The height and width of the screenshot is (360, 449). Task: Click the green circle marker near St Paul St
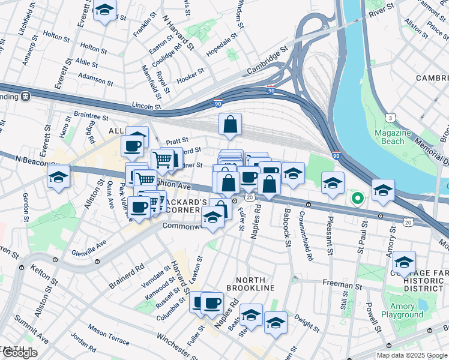357,197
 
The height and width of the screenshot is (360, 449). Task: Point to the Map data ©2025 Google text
411,355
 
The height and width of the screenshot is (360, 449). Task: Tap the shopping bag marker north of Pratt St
231,125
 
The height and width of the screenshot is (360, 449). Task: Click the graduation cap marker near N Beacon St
59,176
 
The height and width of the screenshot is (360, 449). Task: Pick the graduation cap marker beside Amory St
405,263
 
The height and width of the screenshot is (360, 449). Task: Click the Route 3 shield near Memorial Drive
391,117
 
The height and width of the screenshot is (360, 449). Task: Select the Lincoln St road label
146,106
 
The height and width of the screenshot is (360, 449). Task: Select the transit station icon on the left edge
26,96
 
